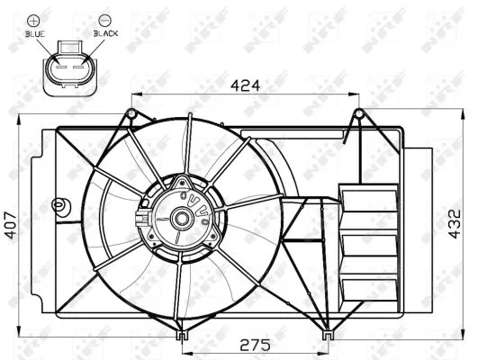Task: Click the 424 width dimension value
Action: (243, 85)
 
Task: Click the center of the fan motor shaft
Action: (181, 217)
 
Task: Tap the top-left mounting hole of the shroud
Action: (131, 113)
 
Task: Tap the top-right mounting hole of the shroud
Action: (358, 113)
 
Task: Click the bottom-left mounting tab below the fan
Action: (182, 335)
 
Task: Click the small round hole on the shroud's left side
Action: (59, 205)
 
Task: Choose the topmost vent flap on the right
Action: (368, 199)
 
